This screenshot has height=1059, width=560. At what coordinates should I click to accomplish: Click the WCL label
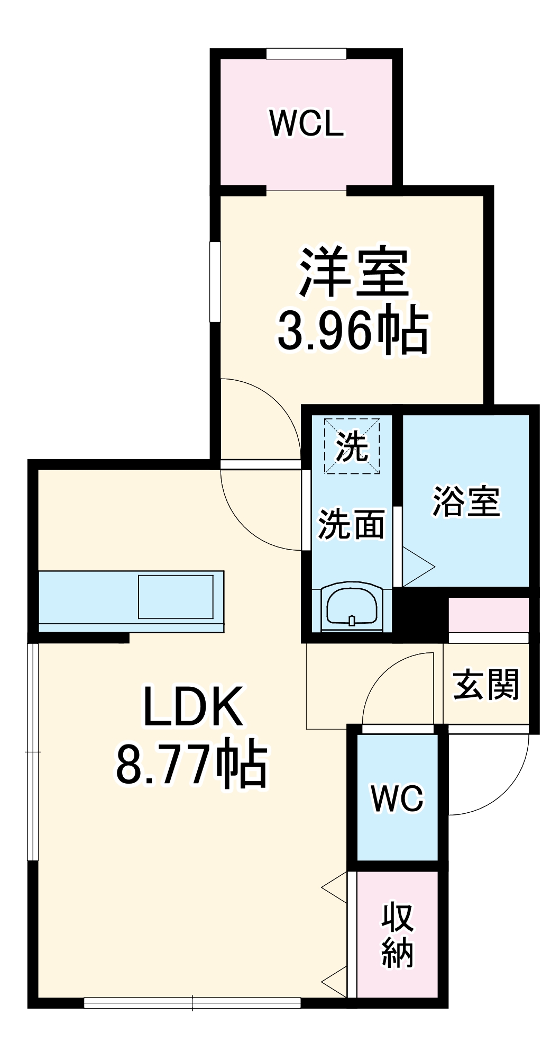click(x=307, y=124)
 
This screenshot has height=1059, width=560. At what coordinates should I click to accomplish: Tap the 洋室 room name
click(x=354, y=272)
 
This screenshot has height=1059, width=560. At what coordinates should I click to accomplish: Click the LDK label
click(x=193, y=707)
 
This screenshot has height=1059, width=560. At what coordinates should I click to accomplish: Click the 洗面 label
click(x=351, y=524)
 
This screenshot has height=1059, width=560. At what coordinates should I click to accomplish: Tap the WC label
click(x=398, y=798)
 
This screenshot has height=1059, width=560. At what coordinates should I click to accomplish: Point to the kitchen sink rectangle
click(x=176, y=597)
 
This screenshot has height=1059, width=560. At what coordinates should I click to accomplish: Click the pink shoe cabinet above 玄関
click(x=488, y=614)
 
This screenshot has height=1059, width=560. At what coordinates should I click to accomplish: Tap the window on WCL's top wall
click(x=306, y=53)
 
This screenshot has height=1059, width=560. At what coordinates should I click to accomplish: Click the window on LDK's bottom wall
click(x=192, y=1002)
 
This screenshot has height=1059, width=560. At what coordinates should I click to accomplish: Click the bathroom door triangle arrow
click(x=418, y=567)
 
